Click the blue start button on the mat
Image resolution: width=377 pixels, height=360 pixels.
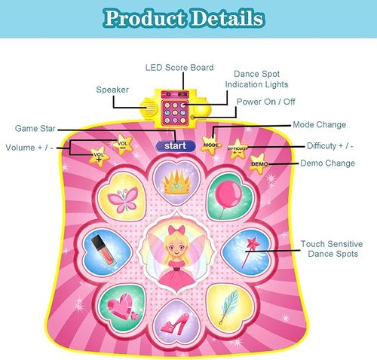pos(176,146)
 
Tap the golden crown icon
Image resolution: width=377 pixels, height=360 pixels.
pos(176,182)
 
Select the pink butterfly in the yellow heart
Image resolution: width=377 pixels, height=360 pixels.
pos(123,200)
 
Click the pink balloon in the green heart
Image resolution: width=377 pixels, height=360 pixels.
pos(228,196)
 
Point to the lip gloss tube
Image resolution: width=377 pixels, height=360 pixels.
pos(103,250)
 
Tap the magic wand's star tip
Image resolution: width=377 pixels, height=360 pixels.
pos(253,243)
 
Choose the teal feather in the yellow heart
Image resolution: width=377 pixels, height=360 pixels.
pos(228,307)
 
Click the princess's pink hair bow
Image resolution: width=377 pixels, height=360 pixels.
pos(176,230)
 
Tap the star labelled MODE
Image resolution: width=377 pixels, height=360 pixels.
pos(211,145)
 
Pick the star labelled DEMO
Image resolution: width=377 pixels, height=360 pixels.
pos(259,163)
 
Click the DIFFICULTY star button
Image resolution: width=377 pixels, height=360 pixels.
pos(238,149)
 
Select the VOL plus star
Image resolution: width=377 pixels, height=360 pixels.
pos(99,157)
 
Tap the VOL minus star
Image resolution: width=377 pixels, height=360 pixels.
pos(122,145)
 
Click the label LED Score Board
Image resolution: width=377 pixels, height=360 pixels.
pos(179,67)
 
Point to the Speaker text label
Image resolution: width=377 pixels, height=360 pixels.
pos(112,90)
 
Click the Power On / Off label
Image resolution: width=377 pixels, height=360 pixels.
pos(266,102)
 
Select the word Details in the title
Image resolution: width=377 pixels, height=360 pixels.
pos(228,18)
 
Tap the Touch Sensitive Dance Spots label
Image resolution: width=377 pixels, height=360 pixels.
pos(333,249)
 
